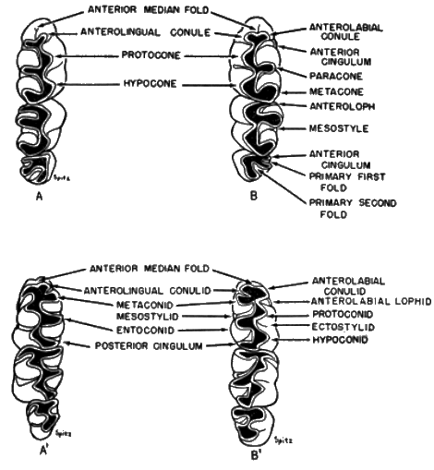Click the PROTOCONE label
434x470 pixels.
(x=151, y=55)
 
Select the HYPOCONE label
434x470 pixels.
(x=151, y=83)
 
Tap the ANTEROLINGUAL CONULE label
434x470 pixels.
(x=146, y=32)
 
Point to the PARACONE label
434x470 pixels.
(x=336, y=76)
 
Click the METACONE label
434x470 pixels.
(x=336, y=91)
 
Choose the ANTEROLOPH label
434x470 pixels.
(x=343, y=106)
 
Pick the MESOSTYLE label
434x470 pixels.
(x=339, y=128)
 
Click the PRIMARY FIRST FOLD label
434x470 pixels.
(x=347, y=182)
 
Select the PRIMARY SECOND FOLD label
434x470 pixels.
(x=353, y=209)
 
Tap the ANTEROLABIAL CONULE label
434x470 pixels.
(x=346, y=32)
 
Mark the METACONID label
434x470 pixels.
(x=145, y=306)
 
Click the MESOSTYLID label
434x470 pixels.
(x=148, y=317)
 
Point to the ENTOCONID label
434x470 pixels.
(x=146, y=331)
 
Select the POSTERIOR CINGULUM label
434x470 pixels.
(x=149, y=346)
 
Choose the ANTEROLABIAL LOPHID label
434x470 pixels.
(x=371, y=301)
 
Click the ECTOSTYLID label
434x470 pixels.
(x=344, y=327)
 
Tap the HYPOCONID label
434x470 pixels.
(x=340, y=340)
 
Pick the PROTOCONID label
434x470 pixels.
(x=343, y=314)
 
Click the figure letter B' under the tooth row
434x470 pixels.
(x=255, y=456)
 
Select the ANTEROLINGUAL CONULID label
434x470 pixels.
(x=148, y=291)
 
